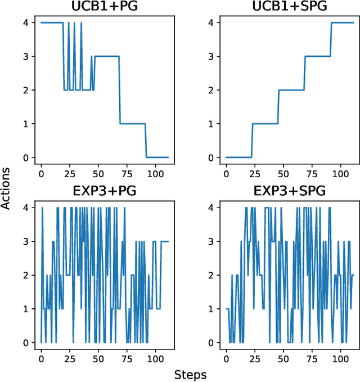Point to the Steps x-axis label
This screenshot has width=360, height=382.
coord(190,375)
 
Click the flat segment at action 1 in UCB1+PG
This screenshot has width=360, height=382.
coord(133,124)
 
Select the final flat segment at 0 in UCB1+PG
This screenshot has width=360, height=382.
coord(157,158)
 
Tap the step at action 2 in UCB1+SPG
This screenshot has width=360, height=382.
coord(291,90)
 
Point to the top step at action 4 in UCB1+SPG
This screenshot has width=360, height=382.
coord(343,23)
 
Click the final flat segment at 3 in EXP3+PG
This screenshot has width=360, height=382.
coord(164,241)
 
